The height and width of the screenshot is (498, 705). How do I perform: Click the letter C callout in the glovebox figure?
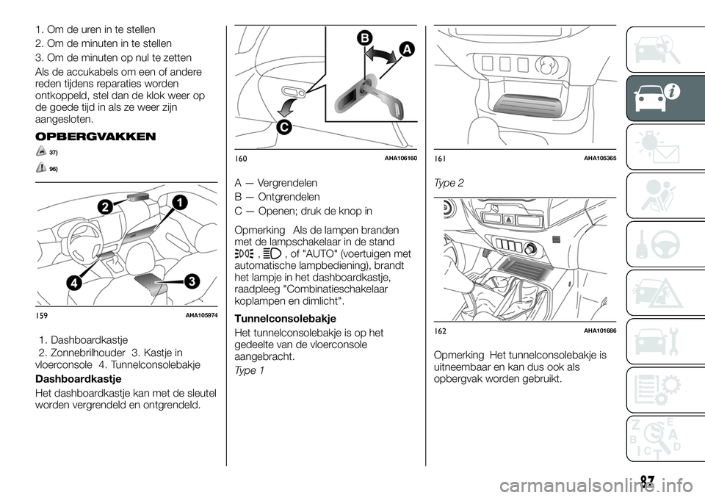click(283, 129)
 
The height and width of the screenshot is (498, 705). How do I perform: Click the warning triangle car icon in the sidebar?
click(656, 295)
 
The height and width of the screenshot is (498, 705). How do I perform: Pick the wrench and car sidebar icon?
click(656, 344)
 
